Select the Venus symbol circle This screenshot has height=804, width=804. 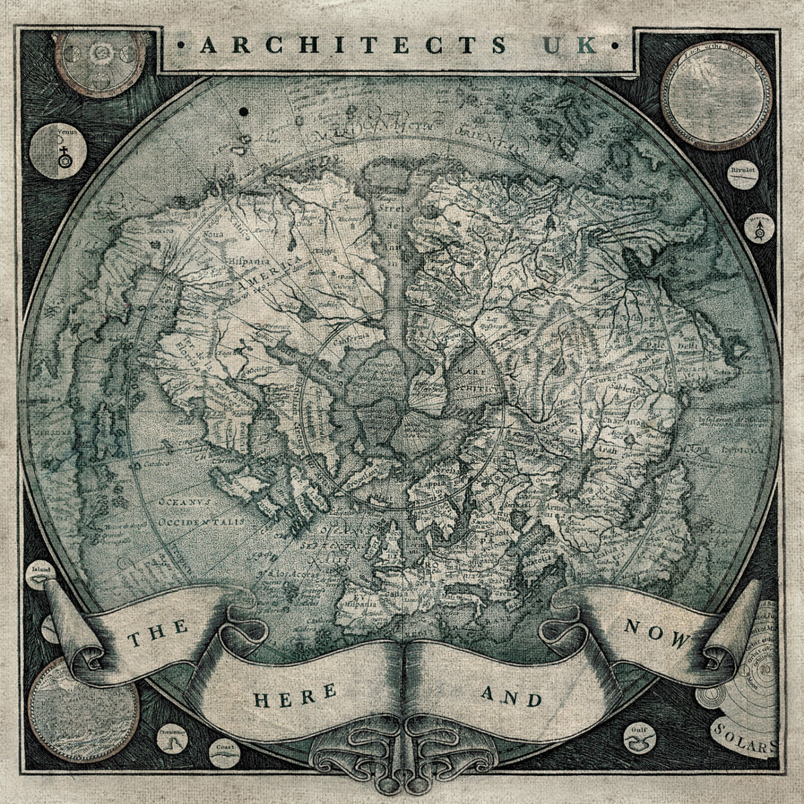point(53,151)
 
